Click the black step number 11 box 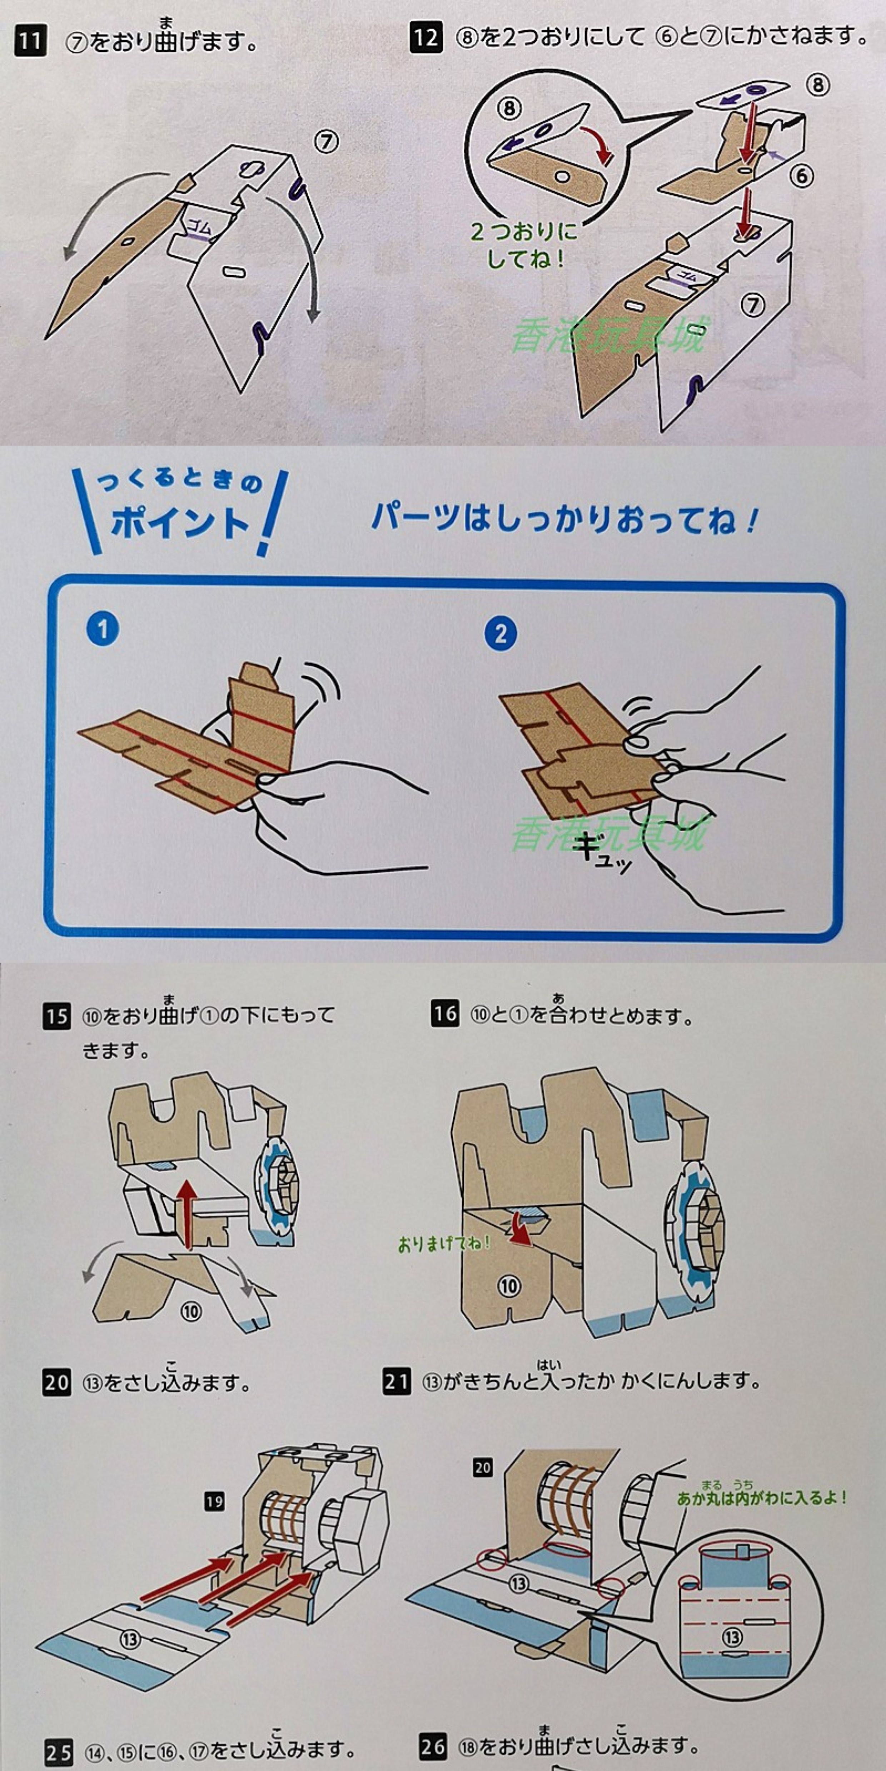tap(30, 42)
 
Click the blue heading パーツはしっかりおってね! tap(564, 518)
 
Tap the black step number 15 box tap(57, 1016)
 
